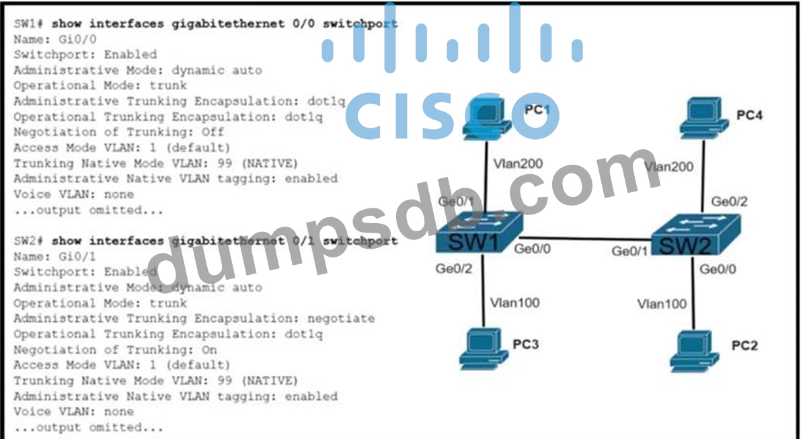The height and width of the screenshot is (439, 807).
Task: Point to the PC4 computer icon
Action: coord(703,119)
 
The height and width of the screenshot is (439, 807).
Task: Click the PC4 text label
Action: coord(749,115)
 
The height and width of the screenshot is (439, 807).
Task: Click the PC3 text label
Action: coord(526,344)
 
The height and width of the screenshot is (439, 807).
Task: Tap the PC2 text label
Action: coord(744,346)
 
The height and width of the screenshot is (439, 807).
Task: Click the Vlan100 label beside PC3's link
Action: coord(514,303)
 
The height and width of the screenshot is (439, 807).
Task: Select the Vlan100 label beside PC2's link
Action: coord(662,304)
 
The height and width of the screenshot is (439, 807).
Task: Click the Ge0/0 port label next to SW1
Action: coord(532,249)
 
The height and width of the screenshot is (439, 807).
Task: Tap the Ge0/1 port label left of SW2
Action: coord(629,251)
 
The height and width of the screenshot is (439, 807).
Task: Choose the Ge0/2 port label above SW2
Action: coord(729,201)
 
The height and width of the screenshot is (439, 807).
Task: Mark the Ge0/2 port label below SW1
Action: coord(455,270)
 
